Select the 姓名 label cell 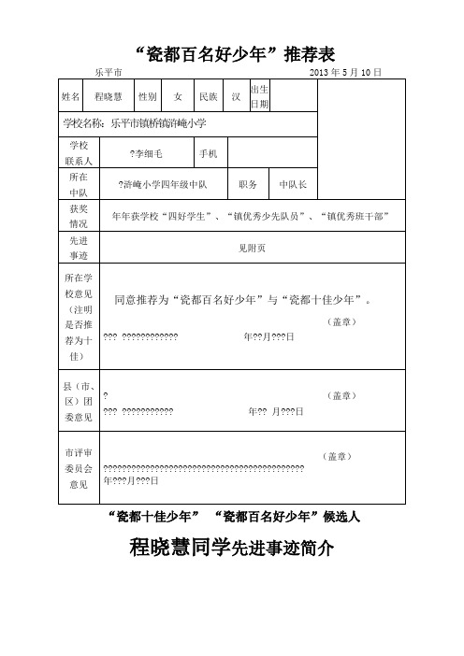click(70, 96)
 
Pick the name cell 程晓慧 click(106, 96)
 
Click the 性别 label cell click(148, 96)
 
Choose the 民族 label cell click(209, 96)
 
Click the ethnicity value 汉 click(237, 96)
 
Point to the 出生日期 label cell click(260, 96)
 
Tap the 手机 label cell click(209, 153)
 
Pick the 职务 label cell click(248, 185)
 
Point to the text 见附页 click(254, 248)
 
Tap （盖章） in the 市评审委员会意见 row click(338, 456)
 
